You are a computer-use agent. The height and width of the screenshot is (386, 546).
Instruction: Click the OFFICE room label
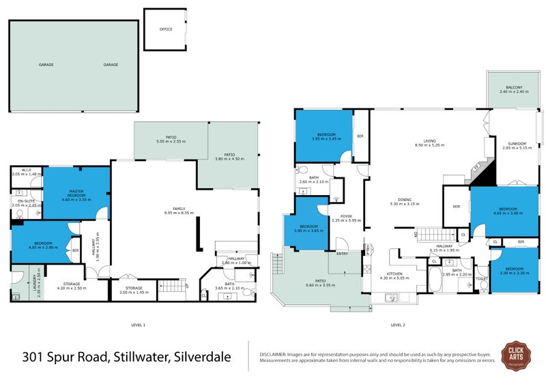tap(165, 29)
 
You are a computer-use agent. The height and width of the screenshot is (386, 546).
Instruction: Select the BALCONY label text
tap(514, 88)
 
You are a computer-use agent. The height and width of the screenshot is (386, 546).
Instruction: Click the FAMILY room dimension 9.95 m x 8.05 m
tap(178, 213)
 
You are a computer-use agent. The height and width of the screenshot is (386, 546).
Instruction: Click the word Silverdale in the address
tap(203, 356)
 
